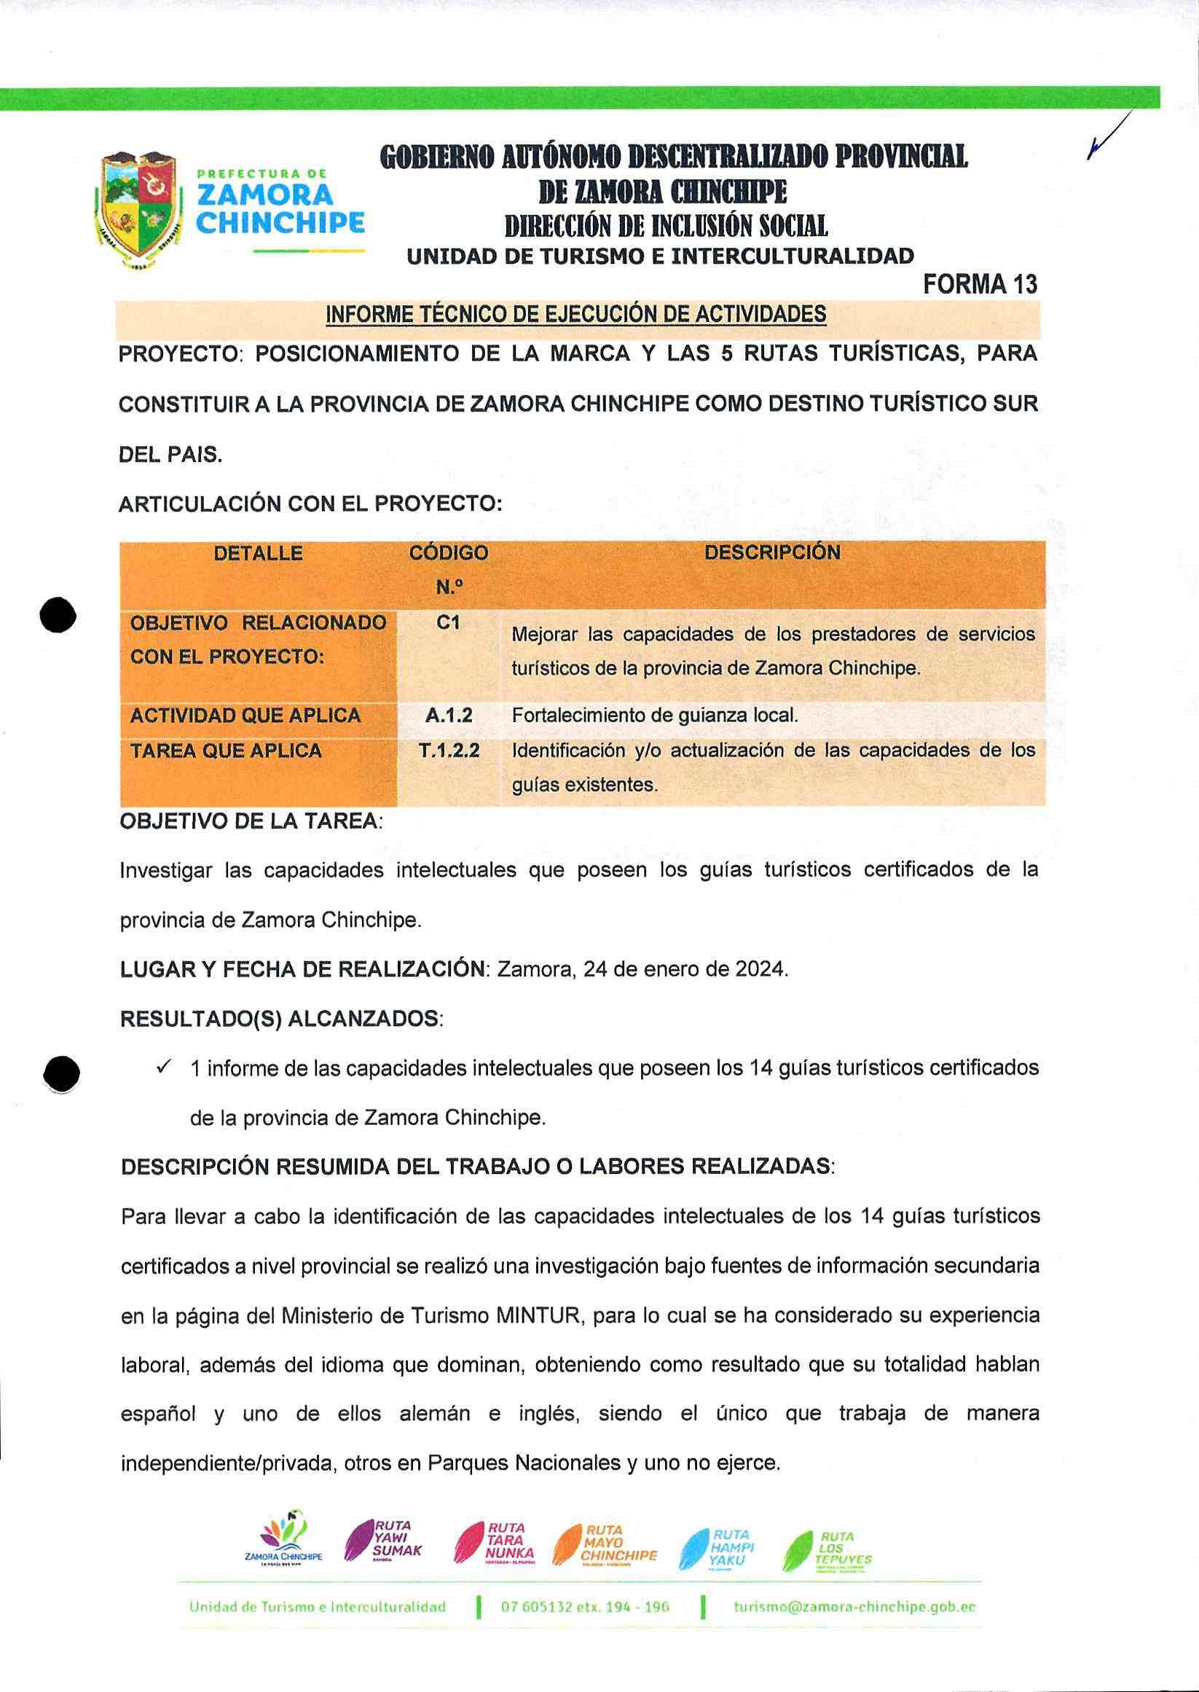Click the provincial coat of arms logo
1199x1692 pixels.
point(138,209)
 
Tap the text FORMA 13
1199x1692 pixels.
point(980,284)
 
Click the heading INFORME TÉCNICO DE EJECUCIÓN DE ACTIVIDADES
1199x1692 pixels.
point(576,315)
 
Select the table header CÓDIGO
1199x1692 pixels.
point(448,553)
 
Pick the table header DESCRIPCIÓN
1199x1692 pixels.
point(771,552)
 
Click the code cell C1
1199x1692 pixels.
point(448,622)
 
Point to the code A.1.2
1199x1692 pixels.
point(448,715)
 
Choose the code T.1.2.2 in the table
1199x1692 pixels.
point(448,751)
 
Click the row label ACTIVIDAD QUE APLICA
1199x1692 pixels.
point(245,715)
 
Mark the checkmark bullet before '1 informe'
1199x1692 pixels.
point(164,1068)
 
